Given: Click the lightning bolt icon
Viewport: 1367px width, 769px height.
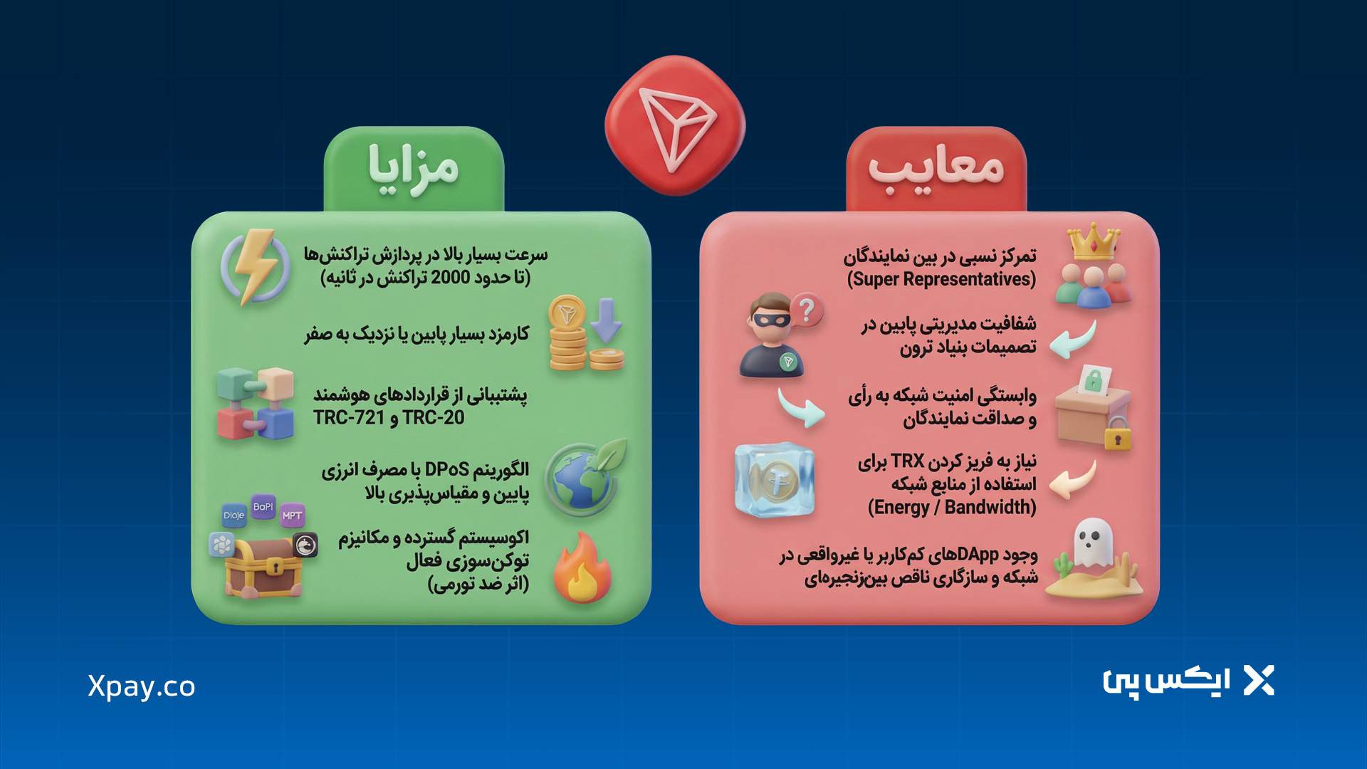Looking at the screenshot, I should (x=254, y=266).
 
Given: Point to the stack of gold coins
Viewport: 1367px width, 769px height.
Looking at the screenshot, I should (x=570, y=335).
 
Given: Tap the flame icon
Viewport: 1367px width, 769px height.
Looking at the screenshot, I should (x=582, y=570).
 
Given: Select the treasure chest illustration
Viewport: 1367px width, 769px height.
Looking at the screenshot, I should (x=263, y=566).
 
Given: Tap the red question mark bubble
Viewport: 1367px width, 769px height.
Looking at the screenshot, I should (x=806, y=310).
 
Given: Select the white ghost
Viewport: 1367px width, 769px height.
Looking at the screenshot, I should (x=1091, y=543).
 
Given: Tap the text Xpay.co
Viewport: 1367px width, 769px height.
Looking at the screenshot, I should (x=141, y=686).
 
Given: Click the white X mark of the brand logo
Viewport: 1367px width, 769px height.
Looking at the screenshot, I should (x=1258, y=681).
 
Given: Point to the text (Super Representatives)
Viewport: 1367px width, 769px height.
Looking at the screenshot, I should (x=941, y=279).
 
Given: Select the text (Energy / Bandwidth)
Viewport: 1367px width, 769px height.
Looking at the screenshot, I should (x=952, y=508).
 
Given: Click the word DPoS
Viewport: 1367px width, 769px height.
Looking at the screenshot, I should (x=446, y=470).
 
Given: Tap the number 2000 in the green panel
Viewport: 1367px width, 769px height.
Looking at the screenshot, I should (x=450, y=278).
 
